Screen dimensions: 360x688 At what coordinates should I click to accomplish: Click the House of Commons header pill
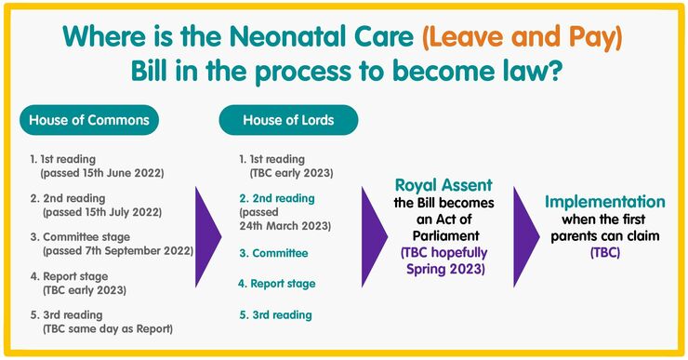pos(88,120)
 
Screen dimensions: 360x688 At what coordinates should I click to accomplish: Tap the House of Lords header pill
pos(288,120)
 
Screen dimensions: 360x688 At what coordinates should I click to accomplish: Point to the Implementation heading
pos(604,202)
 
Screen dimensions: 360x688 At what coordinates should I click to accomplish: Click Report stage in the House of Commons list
pos(77,275)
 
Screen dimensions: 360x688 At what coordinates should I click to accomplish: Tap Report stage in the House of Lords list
pos(283,283)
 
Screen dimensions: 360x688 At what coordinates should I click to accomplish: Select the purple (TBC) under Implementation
pos(604,252)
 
